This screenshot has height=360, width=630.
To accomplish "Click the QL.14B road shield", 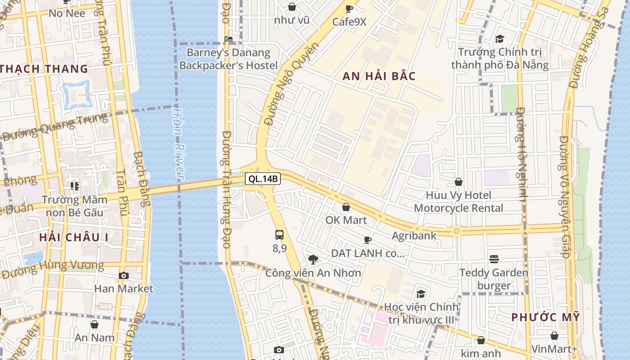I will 263,179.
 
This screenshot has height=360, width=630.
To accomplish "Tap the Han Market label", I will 124,288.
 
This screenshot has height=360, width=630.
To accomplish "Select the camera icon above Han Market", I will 124,275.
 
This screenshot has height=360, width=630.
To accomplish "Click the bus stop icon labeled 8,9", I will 279,235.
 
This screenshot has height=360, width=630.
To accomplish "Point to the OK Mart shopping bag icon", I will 346,207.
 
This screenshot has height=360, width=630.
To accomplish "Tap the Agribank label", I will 414,235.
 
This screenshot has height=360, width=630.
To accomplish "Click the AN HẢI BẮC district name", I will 379,76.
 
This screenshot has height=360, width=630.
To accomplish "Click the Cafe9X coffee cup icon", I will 349,8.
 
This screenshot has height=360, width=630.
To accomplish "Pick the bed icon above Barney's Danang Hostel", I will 229,39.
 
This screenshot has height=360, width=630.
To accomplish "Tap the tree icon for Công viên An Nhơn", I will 313,259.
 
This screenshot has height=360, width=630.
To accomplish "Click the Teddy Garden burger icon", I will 494,259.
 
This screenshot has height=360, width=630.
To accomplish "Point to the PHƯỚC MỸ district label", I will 545,317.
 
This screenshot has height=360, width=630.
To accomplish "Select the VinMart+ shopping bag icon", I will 554,336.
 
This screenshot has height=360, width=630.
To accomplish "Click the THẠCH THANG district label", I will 44,69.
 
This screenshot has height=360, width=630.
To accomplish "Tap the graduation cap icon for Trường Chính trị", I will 499,39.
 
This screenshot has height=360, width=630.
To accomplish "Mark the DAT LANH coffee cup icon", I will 368,240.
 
